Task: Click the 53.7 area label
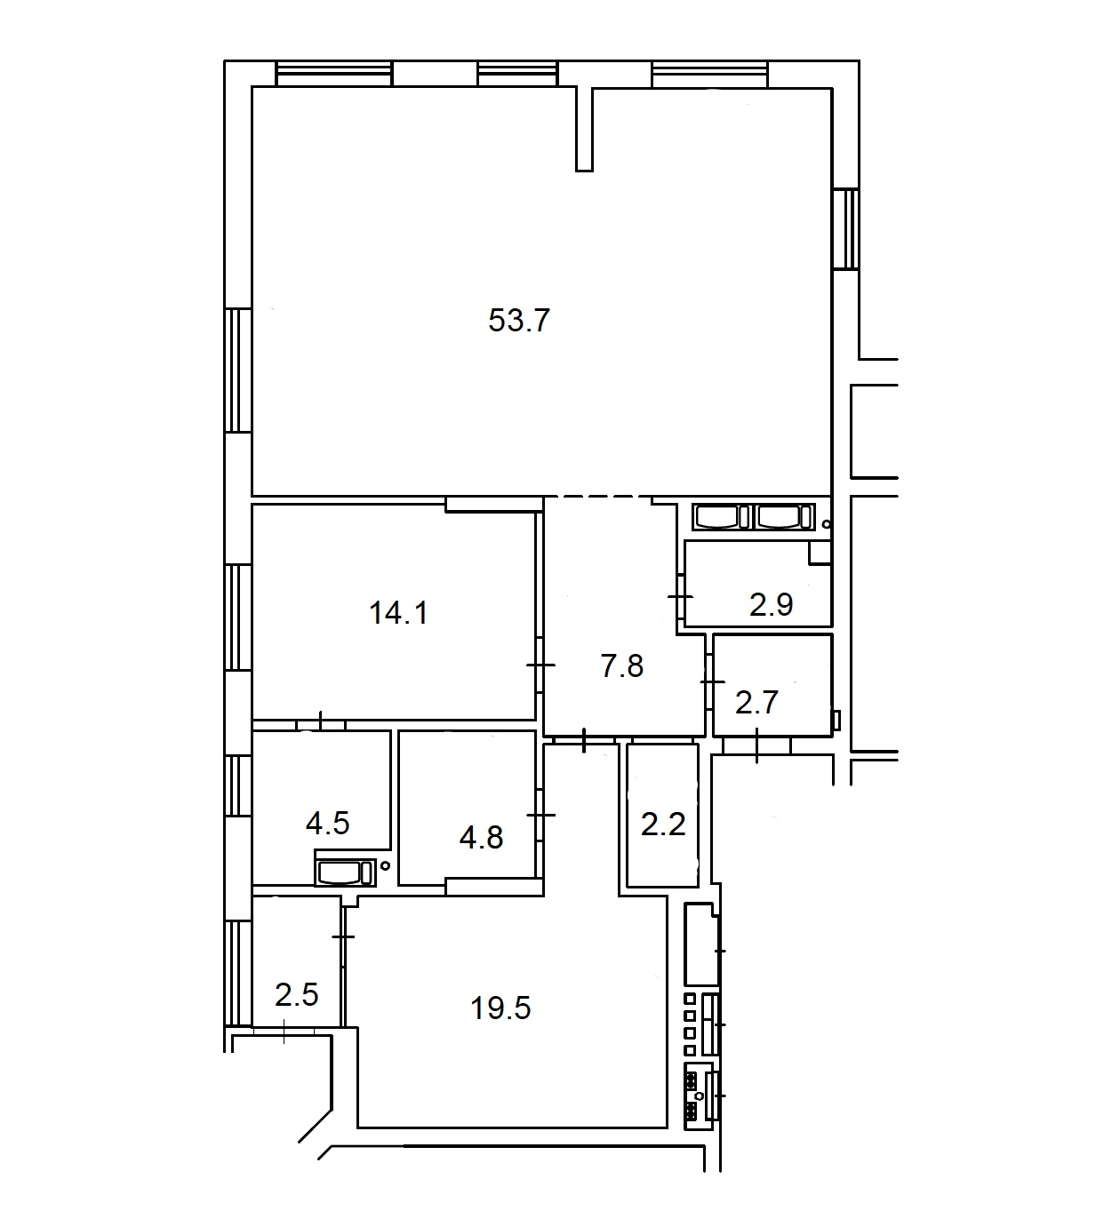click(x=518, y=320)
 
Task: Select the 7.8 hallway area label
click(x=622, y=666)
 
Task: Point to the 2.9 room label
click(x=771, y=605)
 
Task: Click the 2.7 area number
click(x=756, y=703)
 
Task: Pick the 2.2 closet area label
click(x=663, y=825)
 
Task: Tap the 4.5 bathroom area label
click(x=328, y=824)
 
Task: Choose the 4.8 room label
click(x=481, y=837)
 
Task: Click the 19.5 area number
click(x=500, y=1008)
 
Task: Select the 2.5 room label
click(x=297, y=995)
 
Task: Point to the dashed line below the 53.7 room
click(x=597, y=497)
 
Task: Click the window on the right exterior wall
click(x=845, y=229)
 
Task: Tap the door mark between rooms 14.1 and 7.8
click(x=540, y=665)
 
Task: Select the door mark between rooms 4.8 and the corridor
click(x=540, y=814)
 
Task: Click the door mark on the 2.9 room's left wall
click(x=680, y=597)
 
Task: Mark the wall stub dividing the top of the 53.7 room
click(x=584, y=130)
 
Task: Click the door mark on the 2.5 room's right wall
click(x=343, y=936)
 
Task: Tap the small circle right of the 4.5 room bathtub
click(x=385, y=866)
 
